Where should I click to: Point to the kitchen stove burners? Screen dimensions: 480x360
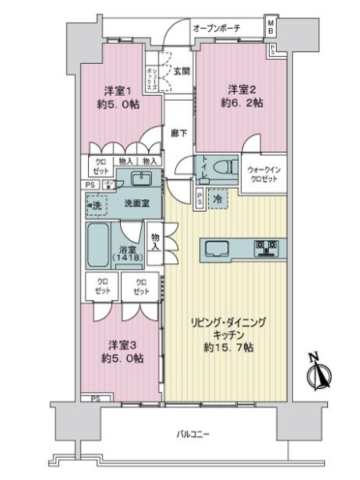266,246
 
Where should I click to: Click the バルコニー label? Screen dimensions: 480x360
192,434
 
